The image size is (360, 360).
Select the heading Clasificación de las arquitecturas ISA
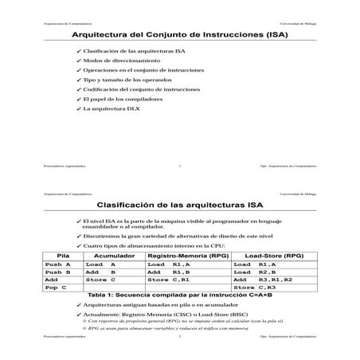click(180, 205)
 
